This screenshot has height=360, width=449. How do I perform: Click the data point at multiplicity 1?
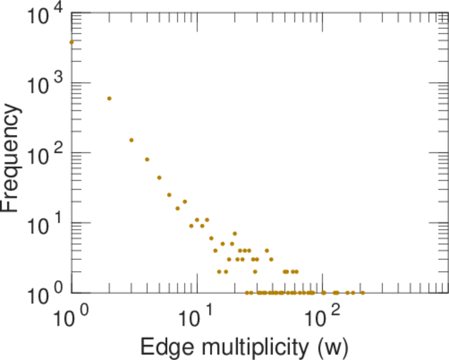pyautogui.click(x=72, y=42)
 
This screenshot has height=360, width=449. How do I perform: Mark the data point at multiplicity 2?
pyautogui.click(x=109, y=98)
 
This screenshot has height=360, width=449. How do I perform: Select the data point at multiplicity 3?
pyautogui.click(x=131, y=140)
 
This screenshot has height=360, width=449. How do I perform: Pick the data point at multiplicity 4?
pyautogui.click(x=147, y=159)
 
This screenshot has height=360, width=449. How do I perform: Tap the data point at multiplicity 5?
pyautogui.click(x=159, y=178)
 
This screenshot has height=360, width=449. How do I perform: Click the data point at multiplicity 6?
pyautogui.click(x=169, y=194)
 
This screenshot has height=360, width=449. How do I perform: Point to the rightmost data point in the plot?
pyautogui.click(x=363, y=293)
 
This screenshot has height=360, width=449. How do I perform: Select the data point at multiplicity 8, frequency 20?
pyautogui.click(x=185, y=202)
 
